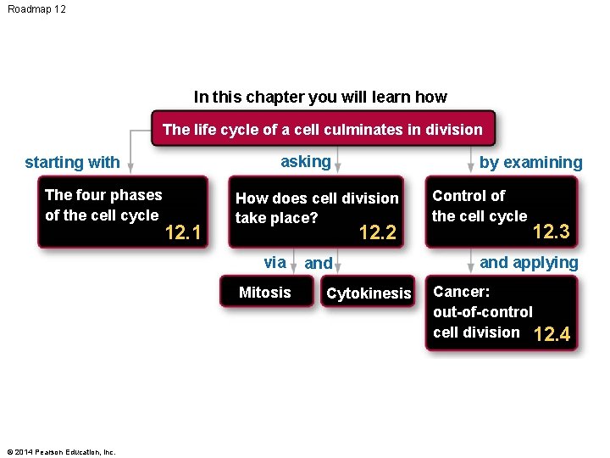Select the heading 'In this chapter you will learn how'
(319, 97)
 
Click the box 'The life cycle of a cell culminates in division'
(322, 130)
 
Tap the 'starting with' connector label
(72, 162)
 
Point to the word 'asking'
(305, 161)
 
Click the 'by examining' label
(530, 162)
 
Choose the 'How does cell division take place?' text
(316, 208)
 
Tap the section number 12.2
(378, 232)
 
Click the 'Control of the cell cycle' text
(479, 206)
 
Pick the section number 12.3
(551, 232)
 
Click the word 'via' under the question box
(274, 262)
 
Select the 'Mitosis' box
(264, 293)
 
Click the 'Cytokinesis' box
(369, 293)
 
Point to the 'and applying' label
(529, 262)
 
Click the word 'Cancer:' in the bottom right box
(461, 292)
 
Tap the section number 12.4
(552, 335)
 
